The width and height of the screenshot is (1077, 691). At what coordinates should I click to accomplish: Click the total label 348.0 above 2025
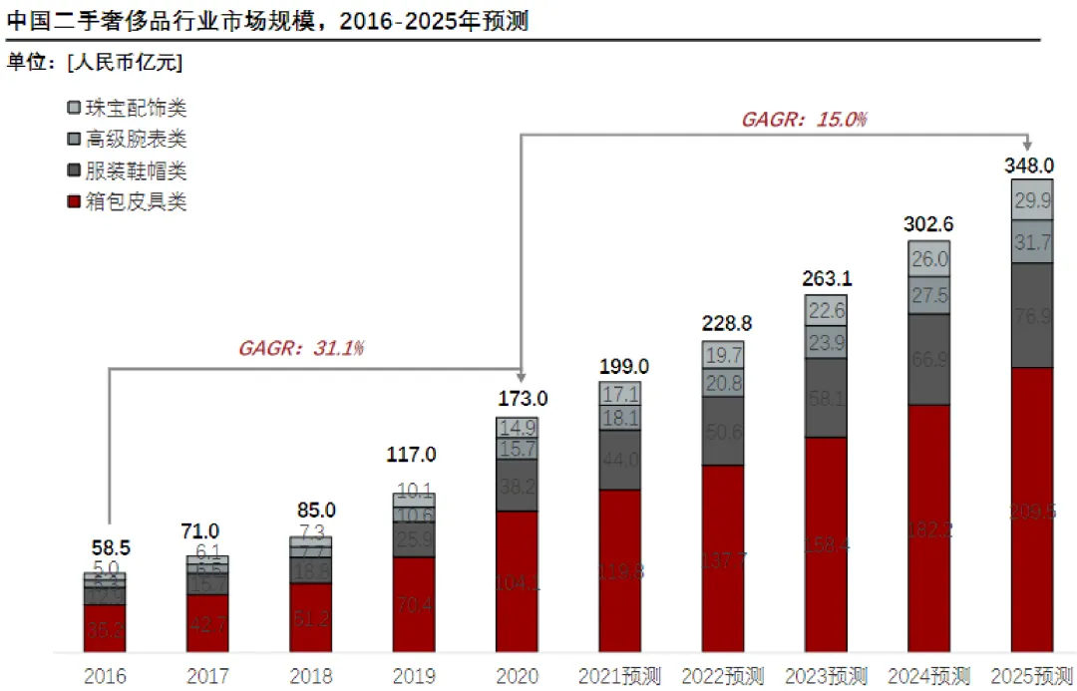(x=1031, y=165)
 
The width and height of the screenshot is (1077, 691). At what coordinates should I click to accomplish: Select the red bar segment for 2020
(x=517, y=583)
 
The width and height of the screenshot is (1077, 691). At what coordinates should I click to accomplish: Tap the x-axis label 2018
(x=310, y=676)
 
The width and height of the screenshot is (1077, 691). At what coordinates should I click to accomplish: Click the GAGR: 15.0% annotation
(x=804, y=119)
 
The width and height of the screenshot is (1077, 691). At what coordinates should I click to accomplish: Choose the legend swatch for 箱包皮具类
(x=73, y=202)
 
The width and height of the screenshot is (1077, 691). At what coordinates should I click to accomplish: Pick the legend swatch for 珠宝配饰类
(x=73, y=108)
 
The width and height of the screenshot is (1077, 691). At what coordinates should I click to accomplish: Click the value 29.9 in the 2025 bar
(x=1031, y=199)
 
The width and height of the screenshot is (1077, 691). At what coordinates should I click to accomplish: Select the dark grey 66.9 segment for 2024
(x=928, y=359)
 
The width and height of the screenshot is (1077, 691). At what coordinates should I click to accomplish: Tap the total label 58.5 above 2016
(x=105, y=547)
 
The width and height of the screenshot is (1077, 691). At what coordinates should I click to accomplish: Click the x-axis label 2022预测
(x=723, y=676)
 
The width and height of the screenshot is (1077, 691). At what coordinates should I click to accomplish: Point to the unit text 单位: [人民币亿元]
(x=95, y=62)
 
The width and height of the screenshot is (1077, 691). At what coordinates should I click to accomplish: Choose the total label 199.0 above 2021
(x=619, y=366)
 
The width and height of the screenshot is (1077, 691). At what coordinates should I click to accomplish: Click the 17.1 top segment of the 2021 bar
(x=619, y=394)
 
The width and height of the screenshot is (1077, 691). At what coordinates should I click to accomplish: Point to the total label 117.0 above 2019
(x=413, y=455)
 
